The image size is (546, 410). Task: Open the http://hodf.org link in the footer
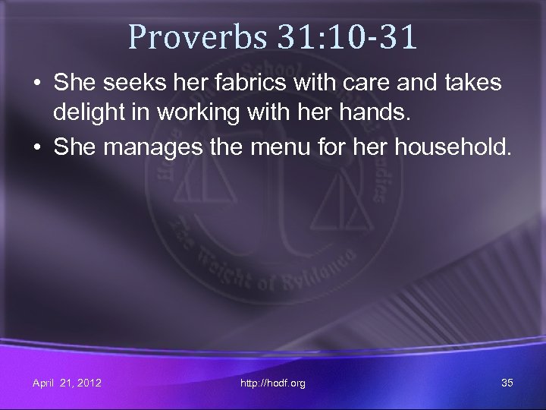coord(273,383)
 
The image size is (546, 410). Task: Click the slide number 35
coord(507,383)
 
